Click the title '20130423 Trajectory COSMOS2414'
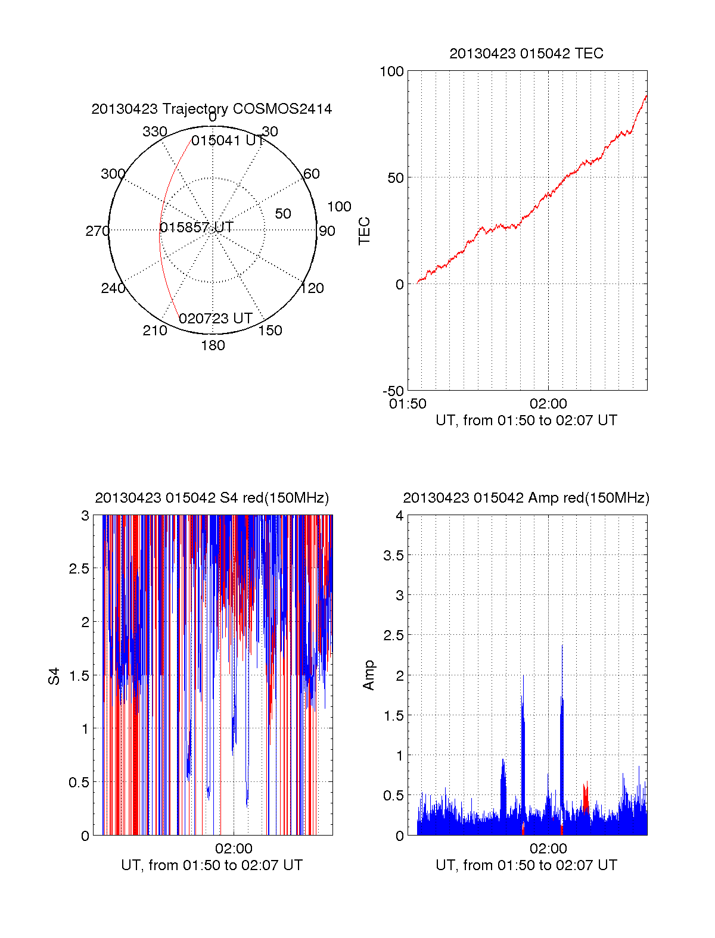(x=212, y=109)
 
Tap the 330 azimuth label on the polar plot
(x=155, y=132)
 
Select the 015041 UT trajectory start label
(x=228, y=141)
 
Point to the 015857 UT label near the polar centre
(x=196, y=228)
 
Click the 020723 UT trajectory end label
(x=216, y=319)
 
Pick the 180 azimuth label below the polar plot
(x=213, y=345)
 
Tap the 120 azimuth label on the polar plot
(x=312, y=289)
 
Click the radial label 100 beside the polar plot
(x=339, y=207)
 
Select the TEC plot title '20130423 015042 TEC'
(x=526, y=54)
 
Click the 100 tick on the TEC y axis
(x=391, y=71)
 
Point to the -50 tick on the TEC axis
(x=393, y=391)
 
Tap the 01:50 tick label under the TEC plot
(x=408, y=404)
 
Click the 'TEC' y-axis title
(x=364, y=231)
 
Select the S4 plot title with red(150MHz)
(x=212, y=498)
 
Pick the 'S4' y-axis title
(x=54, y=676)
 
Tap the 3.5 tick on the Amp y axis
(x=393, y=556)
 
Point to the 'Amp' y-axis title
(x=369, y=675)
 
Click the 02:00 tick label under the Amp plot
(x=548, y=849)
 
